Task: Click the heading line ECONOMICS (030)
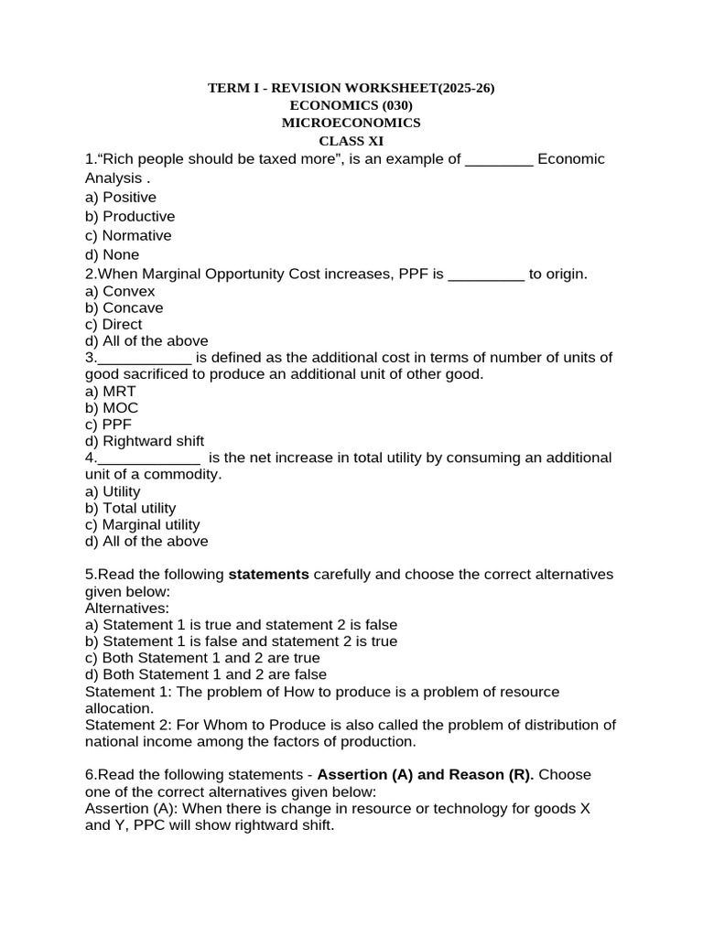click(x=351, y=105)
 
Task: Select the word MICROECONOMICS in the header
click(x=351, y=123)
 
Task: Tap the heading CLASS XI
click(x=351, y=141)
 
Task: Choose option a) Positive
click(x=120, y=198)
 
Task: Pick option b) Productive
click(x=129, y=217)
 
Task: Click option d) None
click(x=112, y=255)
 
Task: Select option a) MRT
click(x=110, y=391)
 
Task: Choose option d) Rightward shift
click(x=144, y=441)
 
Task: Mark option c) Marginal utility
click(x=142, y=524)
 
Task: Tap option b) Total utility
click(x=130, y=508)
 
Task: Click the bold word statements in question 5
click(x=268, y=575)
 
